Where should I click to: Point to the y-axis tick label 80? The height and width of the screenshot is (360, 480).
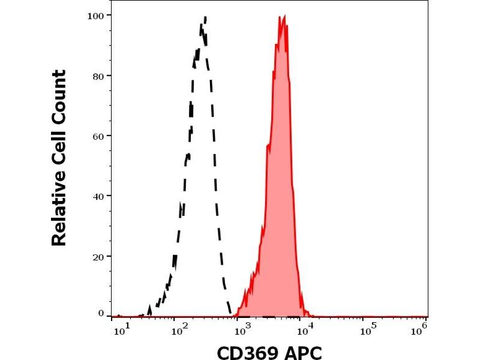pyautogui.click(x=100, y=76)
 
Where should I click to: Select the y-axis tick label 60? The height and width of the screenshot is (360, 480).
pyautogui.click(x=100, y=136)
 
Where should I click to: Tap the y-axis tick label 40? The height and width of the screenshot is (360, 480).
pyautogui.click(x=100, y=196)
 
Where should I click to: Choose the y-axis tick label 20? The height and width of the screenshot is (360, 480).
pyautogui.click(x=100, y=256)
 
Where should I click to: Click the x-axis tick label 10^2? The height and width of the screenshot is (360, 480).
pyautogui.click(x=178, y=328)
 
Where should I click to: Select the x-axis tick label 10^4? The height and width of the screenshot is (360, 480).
pyautogui.click(x=306, y=328)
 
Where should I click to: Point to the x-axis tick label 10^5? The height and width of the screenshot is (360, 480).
pyautogui.click(x=371, y=328)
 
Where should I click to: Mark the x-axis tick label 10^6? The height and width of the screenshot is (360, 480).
pyautogui.click(x=420, y=328)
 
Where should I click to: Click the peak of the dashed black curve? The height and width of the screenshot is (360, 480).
pyautogui.click(x=205, y=17)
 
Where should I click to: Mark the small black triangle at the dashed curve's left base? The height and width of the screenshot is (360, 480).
pyautogui.click(x=149, y=310)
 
